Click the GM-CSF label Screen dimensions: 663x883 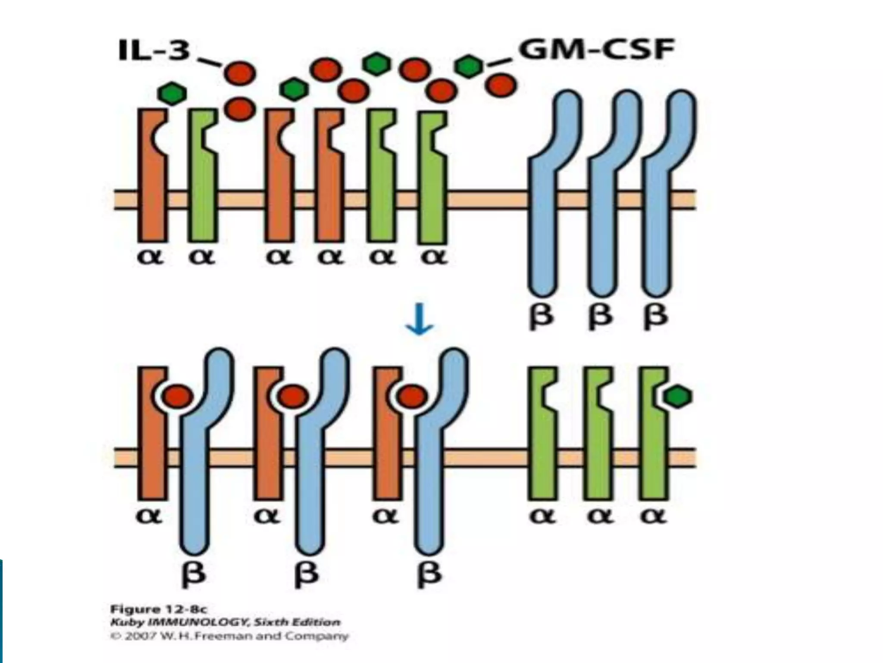click(x=596, y=51)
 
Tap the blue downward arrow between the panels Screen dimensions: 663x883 click(x=419, y=320)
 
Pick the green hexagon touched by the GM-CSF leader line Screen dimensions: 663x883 click(x=469, y=66)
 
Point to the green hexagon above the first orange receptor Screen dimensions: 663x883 click(x=172, y=93)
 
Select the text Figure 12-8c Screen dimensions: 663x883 click(x=159, y=609)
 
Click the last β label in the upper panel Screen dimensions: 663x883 click(x=656, y=317)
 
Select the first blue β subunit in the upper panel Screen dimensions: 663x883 click(x=543, y=194)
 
